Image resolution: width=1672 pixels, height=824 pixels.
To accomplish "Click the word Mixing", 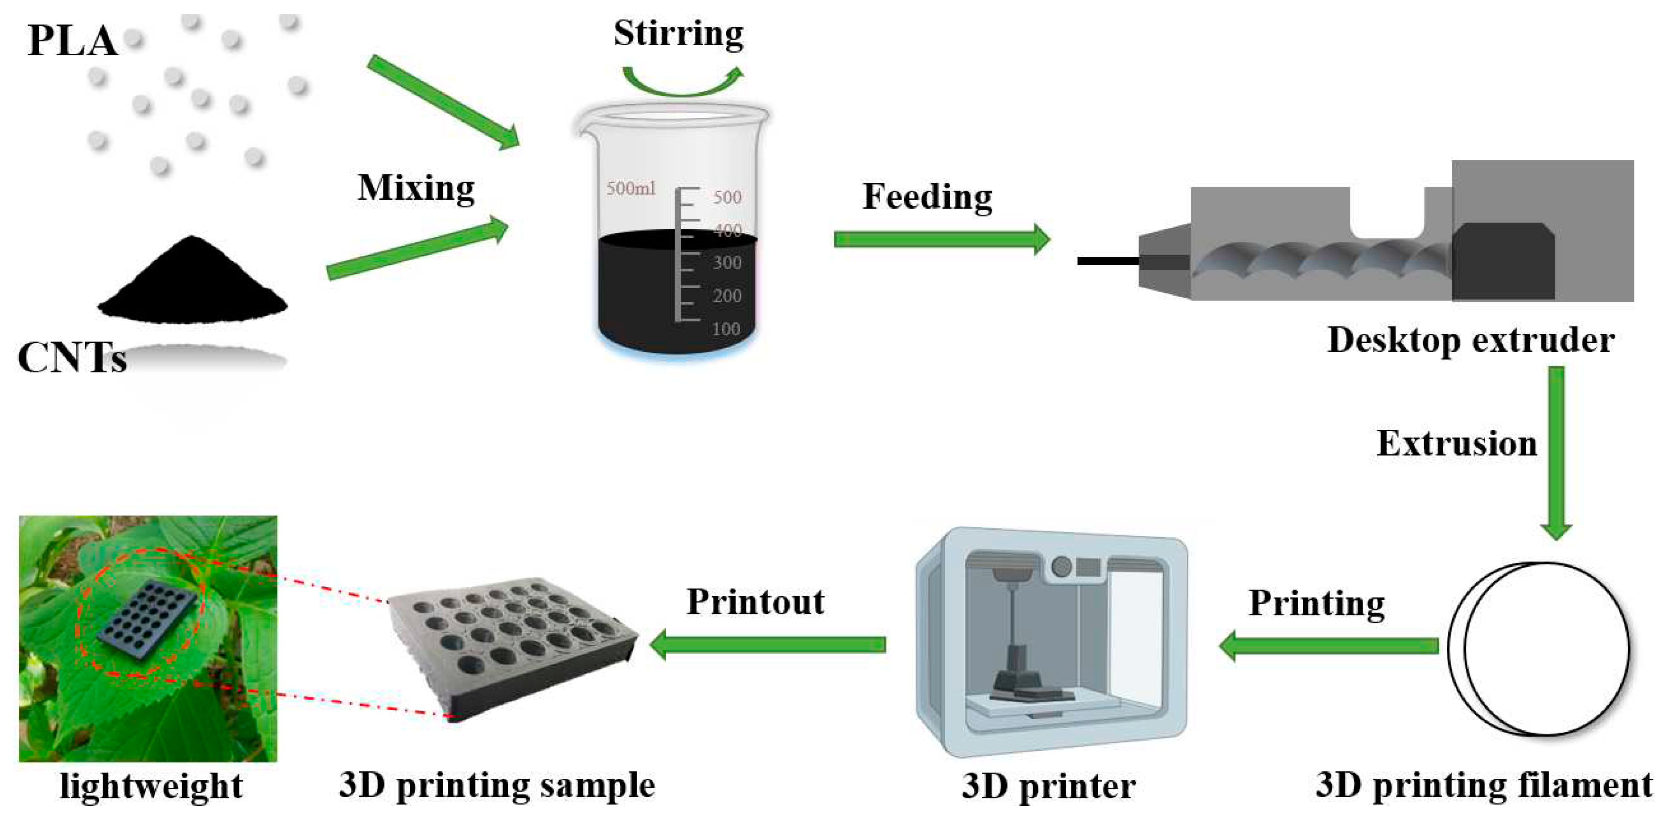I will [x=416, y=188].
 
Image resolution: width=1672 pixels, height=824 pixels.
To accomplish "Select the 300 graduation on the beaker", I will [x=726, y=263].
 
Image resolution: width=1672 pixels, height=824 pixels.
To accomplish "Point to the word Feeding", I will [x=927, y=196].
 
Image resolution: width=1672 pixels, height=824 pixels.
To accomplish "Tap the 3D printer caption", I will [x=1048, y=787].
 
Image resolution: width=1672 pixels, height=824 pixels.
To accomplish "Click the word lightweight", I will [x=151, y=787].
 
